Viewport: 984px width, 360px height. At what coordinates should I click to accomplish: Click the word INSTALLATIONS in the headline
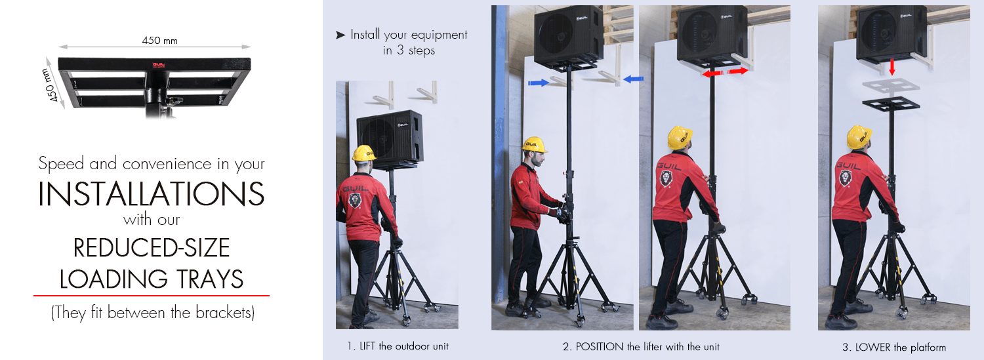point(151,193)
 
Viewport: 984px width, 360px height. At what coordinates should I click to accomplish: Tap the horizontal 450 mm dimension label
point(159,41)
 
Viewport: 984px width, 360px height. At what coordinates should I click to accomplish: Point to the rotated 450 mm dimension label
point(50,85)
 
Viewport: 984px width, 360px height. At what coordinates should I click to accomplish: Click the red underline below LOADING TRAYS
point(151,296)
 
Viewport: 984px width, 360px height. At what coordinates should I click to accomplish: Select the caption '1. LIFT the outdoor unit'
point(398,346)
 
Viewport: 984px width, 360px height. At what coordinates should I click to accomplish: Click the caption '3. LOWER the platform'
point(894,348)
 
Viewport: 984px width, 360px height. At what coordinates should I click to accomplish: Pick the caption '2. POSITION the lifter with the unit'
point(641,346)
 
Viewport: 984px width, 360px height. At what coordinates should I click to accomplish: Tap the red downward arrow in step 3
point(892,67)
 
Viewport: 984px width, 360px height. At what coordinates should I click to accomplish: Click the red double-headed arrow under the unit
point(725,72)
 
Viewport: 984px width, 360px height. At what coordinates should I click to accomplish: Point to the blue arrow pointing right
point(539,82)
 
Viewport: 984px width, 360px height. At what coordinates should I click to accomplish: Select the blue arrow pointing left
point(634,79)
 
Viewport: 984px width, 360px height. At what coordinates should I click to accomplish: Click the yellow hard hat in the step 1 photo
point(363,153)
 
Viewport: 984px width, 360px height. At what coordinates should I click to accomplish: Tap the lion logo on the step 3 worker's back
point(846,178)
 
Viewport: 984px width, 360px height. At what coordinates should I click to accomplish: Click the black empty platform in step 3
point(891,104)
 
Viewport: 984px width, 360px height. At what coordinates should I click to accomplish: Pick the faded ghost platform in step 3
point(891,85)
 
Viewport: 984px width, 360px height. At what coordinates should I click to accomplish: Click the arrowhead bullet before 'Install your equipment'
point(340,35)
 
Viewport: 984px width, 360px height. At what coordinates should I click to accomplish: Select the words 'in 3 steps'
point(409,50)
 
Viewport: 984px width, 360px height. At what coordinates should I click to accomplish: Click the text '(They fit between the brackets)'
point(152,313)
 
